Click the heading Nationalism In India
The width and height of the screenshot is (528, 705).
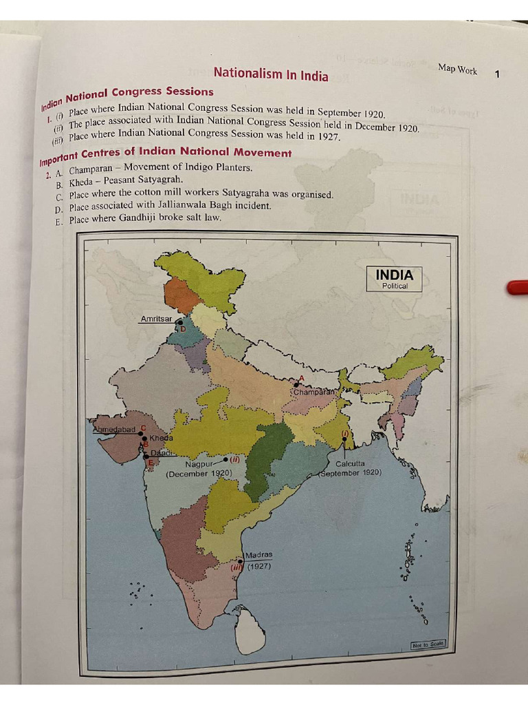pyautogui.click(x=271, y=74)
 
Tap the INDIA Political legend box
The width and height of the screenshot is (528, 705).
pyautogui.click(x=394, y=279)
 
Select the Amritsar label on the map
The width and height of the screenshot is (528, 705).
pyautogui.click(x=156, y=319)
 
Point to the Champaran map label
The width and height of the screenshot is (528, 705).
pyautogui.click(x=314, y=392)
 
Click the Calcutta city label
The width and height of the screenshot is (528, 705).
pyautogui.click(x=350, y=463)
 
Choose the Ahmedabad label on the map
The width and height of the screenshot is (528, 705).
pyautogui.click(x=114, y=430)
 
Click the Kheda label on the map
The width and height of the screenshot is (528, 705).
pyautogui.click(x=162, y=438)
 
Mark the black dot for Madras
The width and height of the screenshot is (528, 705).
pyautogui.click(x=240, y=561)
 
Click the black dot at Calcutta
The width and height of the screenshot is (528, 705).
pyautogui.click(x=344, y=439)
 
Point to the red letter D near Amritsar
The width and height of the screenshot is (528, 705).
pyautogui.click(x=183, y=330)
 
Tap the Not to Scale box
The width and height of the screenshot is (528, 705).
pyautogui.click(x=428, y=644)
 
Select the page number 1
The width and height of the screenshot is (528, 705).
pyautogui.click(x=497, y=74)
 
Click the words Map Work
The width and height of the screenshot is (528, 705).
pyautogui.click(x=457, y=70)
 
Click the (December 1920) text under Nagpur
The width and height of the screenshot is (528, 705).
pyautogui.click(x=199, y=474)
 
